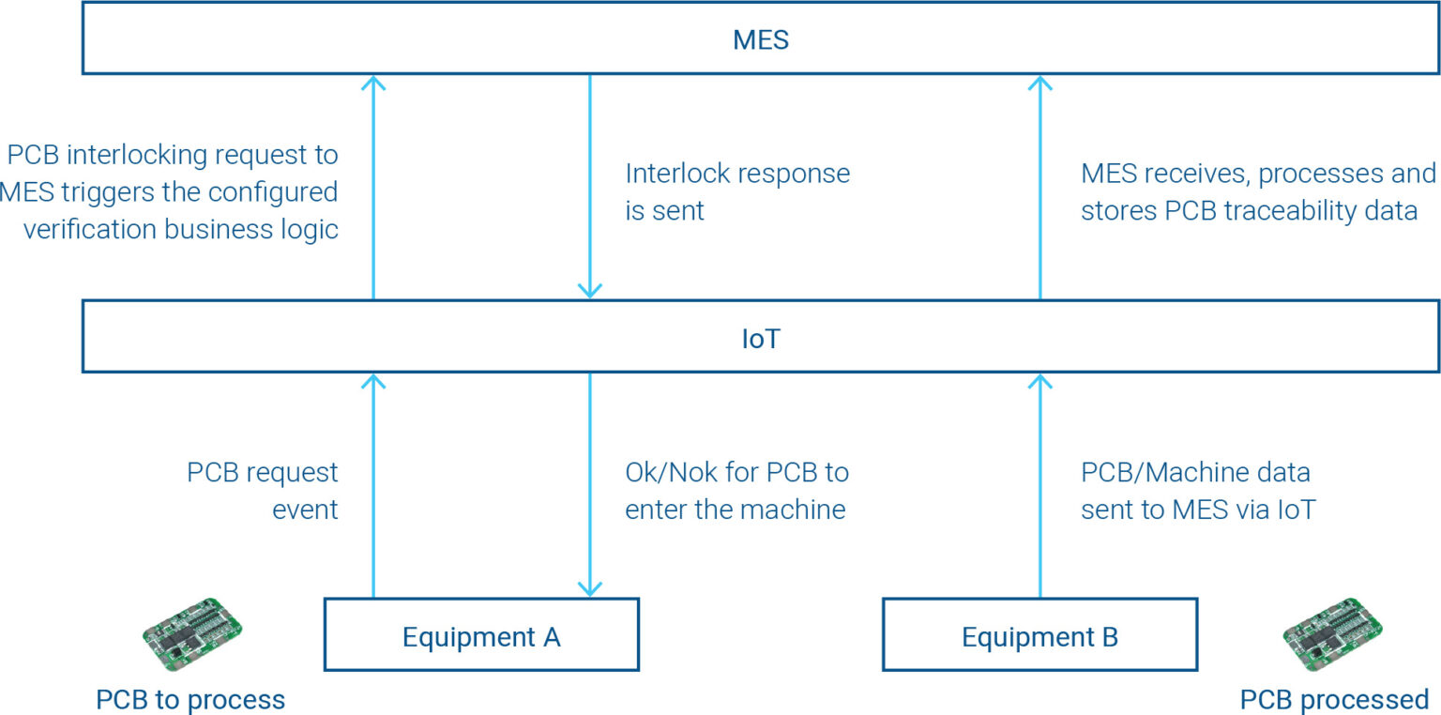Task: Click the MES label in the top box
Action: pos(760,39)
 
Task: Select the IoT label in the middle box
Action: pos(760,338)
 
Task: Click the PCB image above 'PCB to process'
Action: pos(192,633)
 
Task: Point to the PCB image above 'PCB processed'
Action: pos(1333,633)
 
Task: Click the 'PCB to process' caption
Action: pos(190,699)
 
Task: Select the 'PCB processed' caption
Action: pos(1334,699)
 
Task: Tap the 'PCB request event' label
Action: pos(263,490)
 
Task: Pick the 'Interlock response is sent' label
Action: pos(737,191)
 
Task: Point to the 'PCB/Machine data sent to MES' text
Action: pos(1198,490)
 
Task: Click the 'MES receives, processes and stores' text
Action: pos(1257,191)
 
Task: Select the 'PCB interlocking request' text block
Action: pos(171,191)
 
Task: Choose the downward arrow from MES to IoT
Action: pos(589,188)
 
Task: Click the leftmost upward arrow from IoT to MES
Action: pos(373,188)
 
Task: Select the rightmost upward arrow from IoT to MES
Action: pos(1039,188)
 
